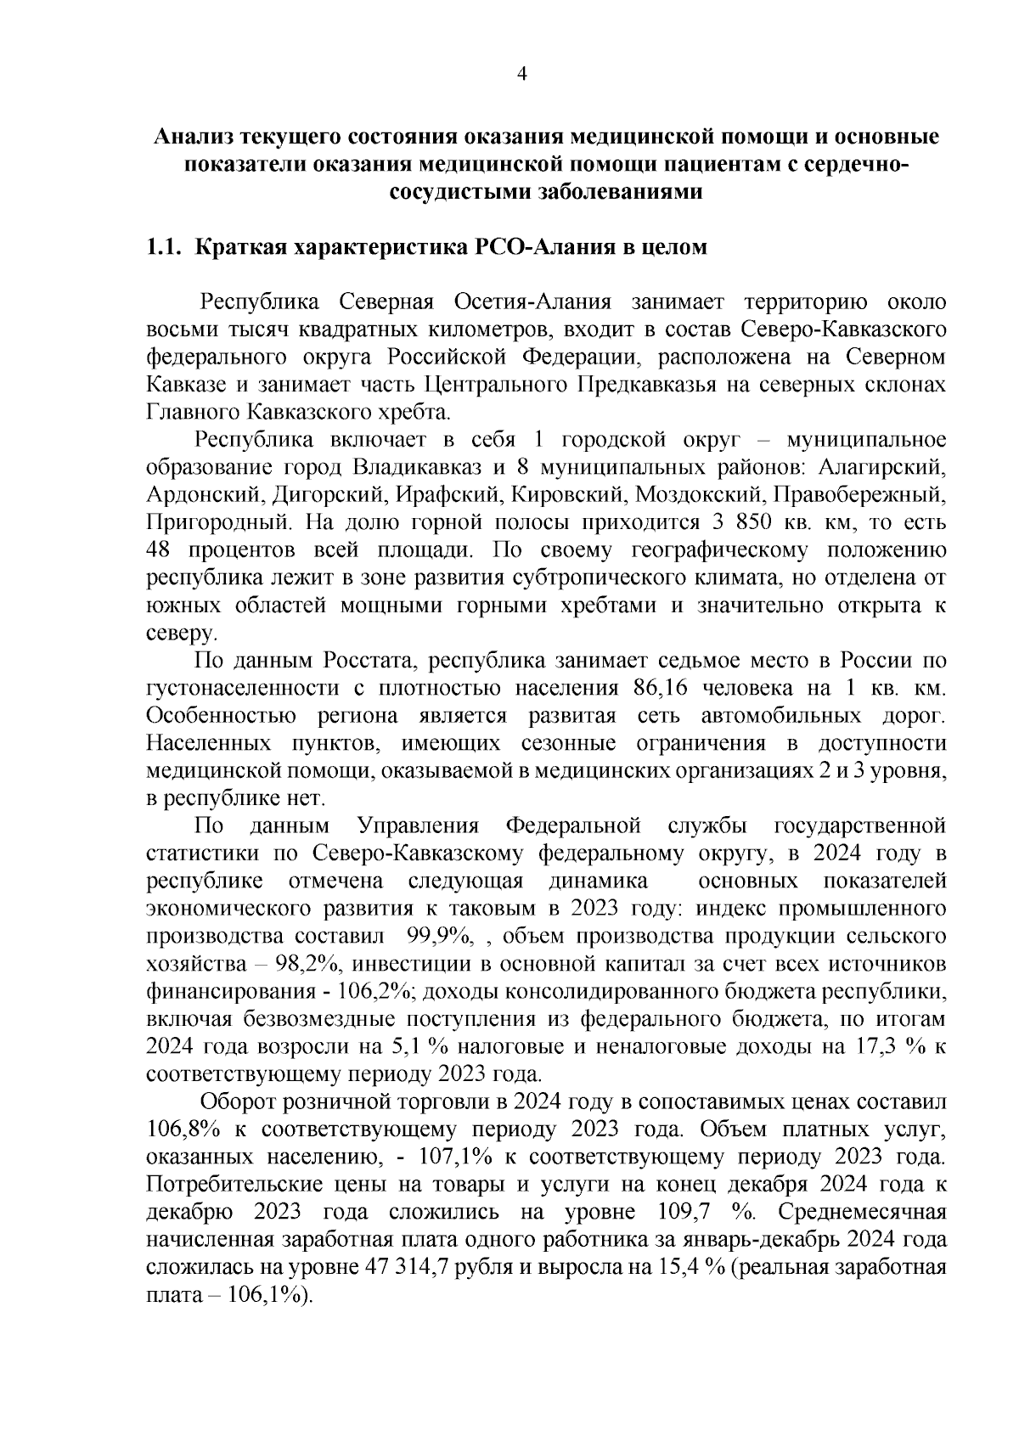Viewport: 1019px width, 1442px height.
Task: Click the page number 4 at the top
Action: tap(522, 75)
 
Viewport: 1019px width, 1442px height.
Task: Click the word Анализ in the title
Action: tap(192, 136)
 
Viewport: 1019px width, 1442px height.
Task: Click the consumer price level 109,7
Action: tap(684, 1212)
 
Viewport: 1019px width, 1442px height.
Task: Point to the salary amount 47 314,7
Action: tap(404, 1267)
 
